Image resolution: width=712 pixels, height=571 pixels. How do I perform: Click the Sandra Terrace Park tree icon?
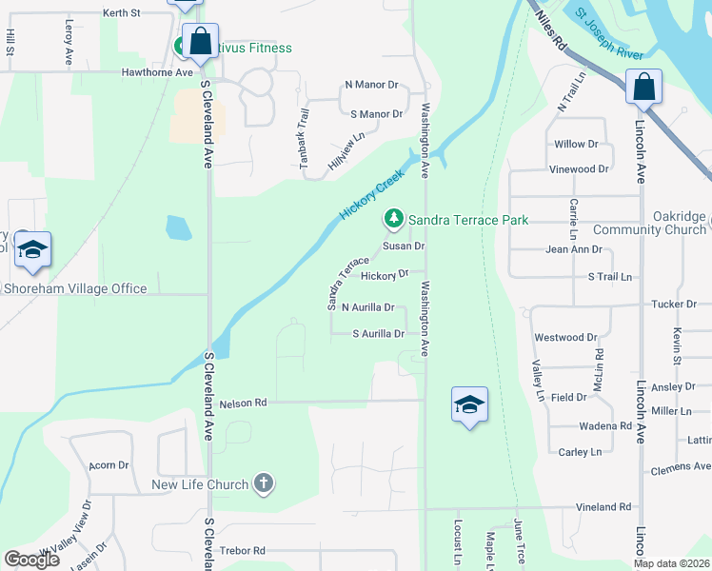(x=392, y=220)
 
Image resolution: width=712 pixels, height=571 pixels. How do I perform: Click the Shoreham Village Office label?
(x=75, y=288)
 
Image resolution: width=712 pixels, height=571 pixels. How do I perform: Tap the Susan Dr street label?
(x=403, y=246)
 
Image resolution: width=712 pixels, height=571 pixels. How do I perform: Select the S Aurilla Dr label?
(x=379, y=334)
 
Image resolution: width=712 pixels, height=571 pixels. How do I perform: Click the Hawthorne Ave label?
(x=157, y=72)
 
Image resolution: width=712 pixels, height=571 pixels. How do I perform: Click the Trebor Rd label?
(x=242, y=551)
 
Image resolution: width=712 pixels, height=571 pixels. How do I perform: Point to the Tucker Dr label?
(x=675, y=305)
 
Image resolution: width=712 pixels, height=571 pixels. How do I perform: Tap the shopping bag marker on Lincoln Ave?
(x=644, y=87)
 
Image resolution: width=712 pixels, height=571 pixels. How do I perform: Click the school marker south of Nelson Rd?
(x=470, y=405)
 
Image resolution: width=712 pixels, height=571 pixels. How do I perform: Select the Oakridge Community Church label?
(x=649, y=224)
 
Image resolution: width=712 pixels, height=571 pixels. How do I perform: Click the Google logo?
(x=31, y=559)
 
